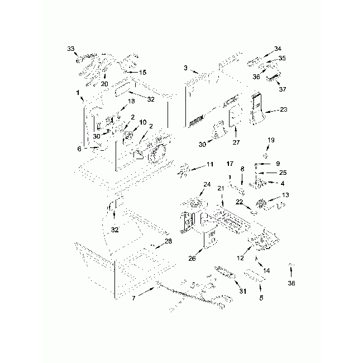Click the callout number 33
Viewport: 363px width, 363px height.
[x=70, y=49]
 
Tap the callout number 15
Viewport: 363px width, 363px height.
[x=143, y=72]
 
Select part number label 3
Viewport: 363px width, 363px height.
[x=185, y=69]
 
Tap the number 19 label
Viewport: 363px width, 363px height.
[x=270, y=140]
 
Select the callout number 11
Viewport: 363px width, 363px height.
[x=210, y=164]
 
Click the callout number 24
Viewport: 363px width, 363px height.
[x=207, y=184]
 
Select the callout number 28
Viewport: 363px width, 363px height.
[x=168, y=241]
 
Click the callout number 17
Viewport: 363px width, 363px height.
[x=230, y=164]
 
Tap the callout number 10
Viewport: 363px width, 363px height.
[x=143, y=122]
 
